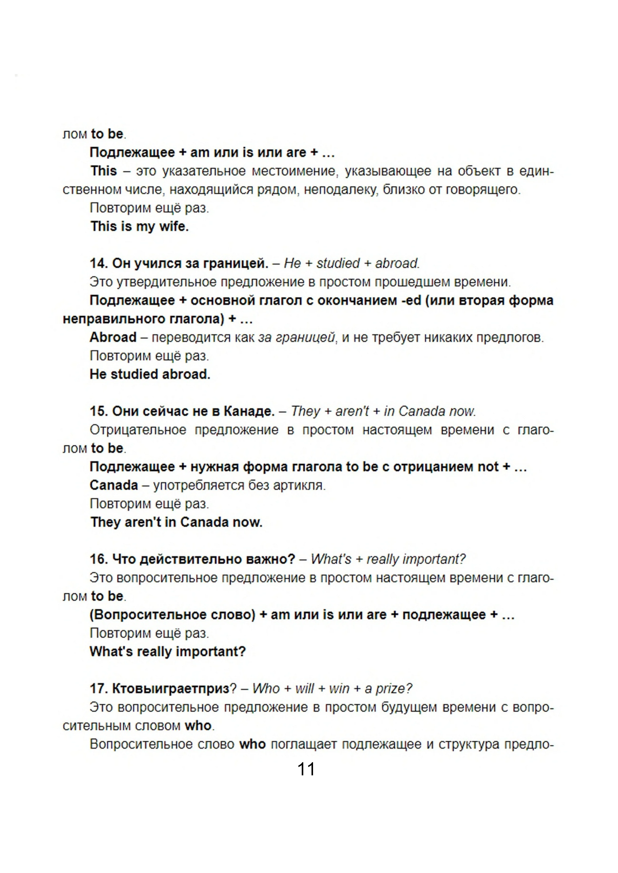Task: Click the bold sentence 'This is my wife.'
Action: pyautogui.click(x=139, y=226)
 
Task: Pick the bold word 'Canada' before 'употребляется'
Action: pyautogui.click(x=114, y=485)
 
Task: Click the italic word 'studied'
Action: pyautogui.click(x=338, y=263)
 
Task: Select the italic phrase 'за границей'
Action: pyautogui.click(x=296, y=337)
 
